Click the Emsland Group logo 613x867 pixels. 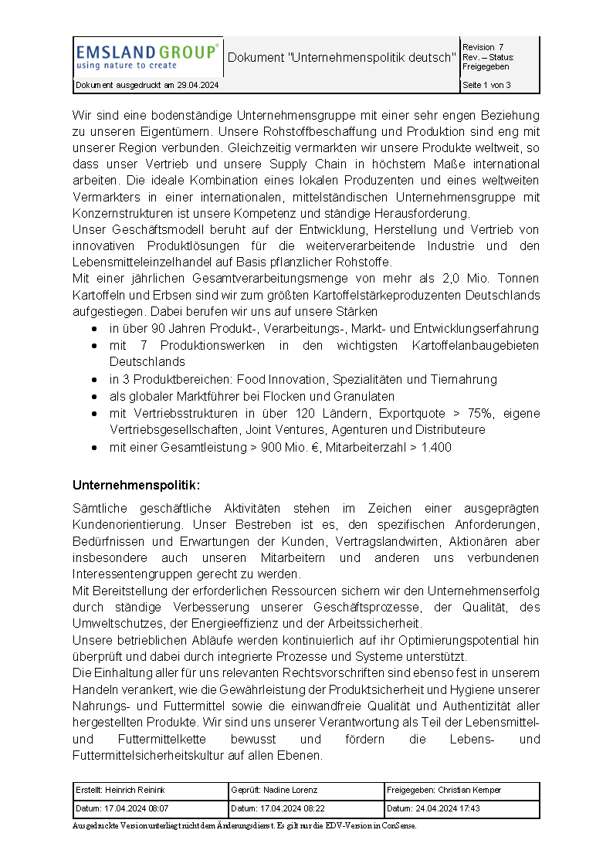(147, 56)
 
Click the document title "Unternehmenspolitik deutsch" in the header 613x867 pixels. (342, 58)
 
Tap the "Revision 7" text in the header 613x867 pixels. (483, 47)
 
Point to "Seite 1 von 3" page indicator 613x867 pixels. (486, 85)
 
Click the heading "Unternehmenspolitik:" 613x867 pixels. (136, 485)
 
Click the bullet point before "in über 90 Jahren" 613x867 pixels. (93, 329)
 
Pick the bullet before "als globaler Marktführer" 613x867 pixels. (93, 397)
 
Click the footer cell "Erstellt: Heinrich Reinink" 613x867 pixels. (120, 790)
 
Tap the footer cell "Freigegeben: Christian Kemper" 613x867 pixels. (444, 790)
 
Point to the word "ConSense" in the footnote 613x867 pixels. (401, 825)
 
